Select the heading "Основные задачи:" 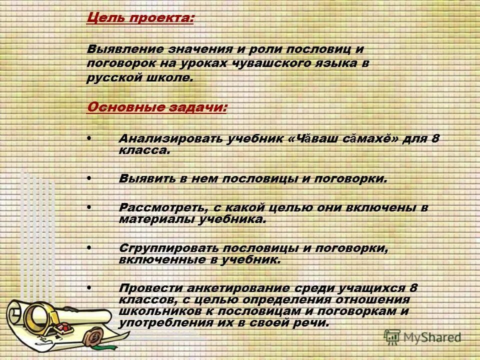[x=156, y=108]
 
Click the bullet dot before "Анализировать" [x=89, y=137]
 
